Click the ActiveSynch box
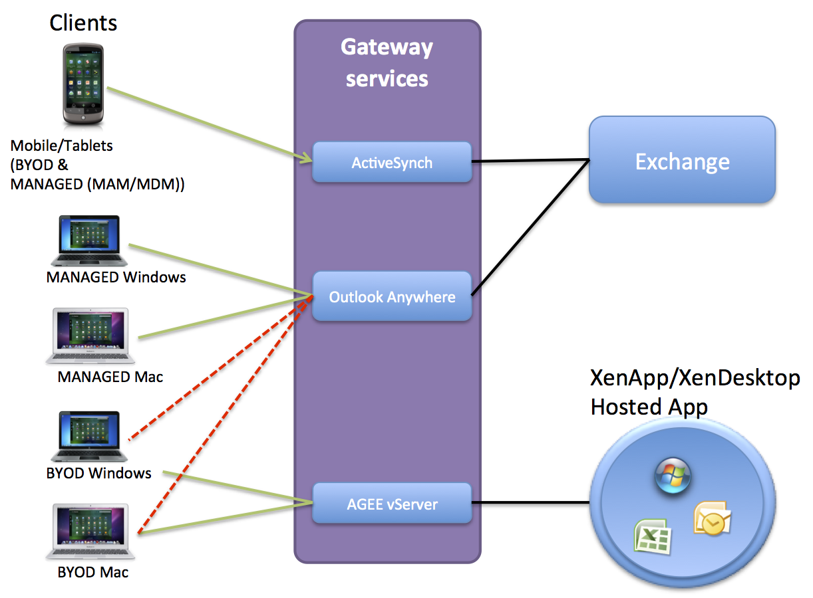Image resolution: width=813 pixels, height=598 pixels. (x=392, y=162)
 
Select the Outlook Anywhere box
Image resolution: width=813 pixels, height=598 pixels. (x=392, y=296)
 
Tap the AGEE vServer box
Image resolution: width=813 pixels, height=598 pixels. (x=392, y=504)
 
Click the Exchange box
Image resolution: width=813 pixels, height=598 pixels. (x=682, y=161)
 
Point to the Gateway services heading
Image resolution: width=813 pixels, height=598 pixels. (x=387, y=63)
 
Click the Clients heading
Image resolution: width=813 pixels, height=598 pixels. (x=83, y=23)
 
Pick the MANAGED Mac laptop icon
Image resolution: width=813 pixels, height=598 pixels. (x=90, y=336)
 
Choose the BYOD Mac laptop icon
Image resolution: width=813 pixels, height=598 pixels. (x=90, y=532)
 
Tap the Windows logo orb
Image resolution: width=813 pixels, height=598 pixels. (x=673, y=477)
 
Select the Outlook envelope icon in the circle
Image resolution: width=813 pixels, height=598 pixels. (x=712, y=518)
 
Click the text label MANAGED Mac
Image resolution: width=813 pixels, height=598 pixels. (x=110, y=377)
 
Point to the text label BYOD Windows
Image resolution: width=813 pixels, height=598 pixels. (x=99, y=474)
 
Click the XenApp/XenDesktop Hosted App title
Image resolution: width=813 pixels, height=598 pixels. (x=695, y=392)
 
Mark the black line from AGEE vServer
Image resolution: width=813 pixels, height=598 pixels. (x=530, y=502)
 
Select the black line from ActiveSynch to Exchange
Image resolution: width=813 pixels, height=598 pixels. (x=530, y=161)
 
